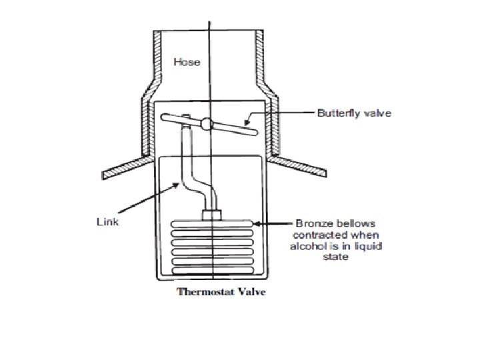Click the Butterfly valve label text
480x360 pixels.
pyautogui.click(x=353, y=114)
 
